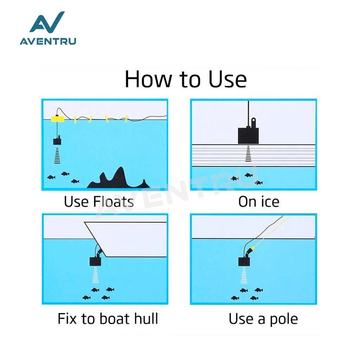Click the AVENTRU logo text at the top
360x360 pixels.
click(48, 41)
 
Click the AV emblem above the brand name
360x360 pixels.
click(47, 22)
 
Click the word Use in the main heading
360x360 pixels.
click(228, 79)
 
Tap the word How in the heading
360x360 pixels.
click(148, 79)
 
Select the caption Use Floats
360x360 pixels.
click(99, 202)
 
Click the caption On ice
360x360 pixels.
click(259, 202)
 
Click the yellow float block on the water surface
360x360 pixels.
click(57, 118)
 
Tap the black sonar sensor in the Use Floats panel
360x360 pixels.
click(57, 141)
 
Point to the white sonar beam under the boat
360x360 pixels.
click(95, 275)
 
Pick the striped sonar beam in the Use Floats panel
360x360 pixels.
click(57, 156)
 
